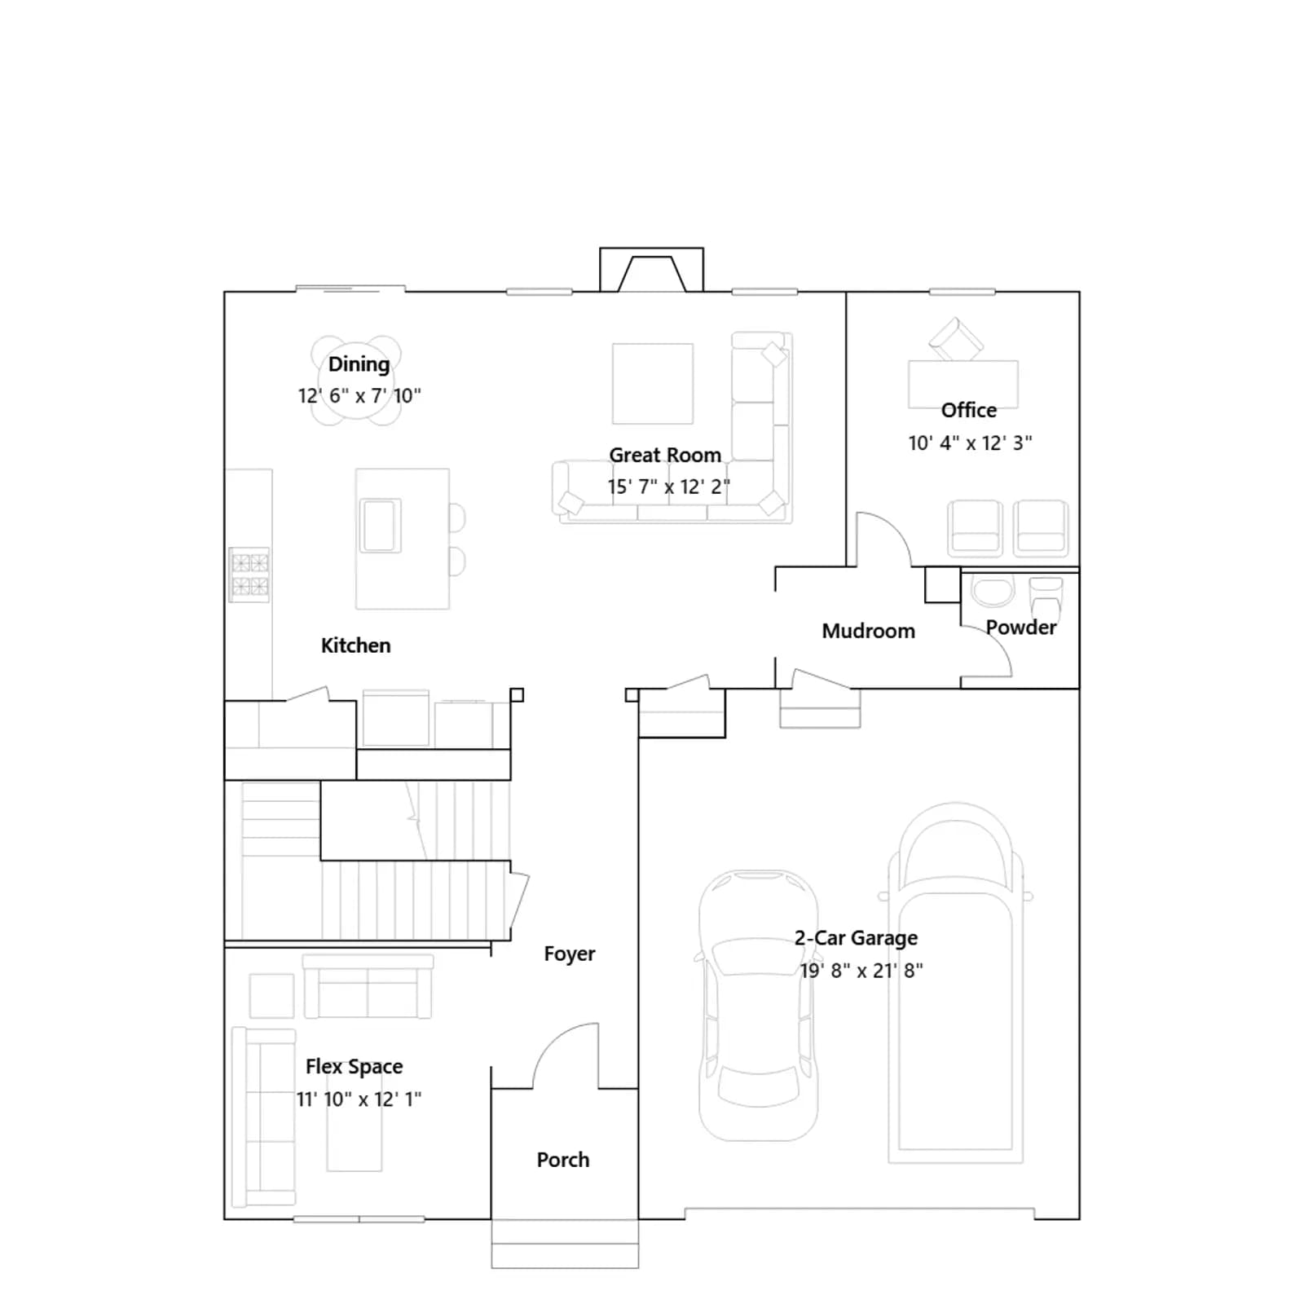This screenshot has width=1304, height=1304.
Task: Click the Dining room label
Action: tap(359, 364)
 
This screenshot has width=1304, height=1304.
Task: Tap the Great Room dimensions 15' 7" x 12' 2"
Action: tap(668, 487)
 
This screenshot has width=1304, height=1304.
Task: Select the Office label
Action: tap(968, 410)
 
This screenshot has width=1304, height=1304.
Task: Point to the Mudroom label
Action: tap(868, 631)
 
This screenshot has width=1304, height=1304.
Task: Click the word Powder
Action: tap(1020, 627)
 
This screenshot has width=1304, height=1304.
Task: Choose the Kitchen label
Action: tap(355, 645)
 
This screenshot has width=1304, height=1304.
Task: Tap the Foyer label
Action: tap(569, 954)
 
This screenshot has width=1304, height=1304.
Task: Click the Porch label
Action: tap(562, 1160)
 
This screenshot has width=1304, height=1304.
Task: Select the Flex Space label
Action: tap(354, 1067)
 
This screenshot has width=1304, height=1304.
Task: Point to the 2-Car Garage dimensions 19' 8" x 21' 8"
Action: tap(861, 971)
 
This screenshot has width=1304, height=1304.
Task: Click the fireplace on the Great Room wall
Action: tap(651, 270)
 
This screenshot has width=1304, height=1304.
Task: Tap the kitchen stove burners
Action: tap(249, 575)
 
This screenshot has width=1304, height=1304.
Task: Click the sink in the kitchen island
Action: tap(381, 526)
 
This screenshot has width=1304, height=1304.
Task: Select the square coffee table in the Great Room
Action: tap(652, 383)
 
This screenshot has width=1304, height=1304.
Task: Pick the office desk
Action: tap(963, 383)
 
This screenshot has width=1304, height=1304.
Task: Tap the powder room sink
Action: tap(993, 592)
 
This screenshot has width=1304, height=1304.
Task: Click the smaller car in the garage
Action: tap(758, 1005)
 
